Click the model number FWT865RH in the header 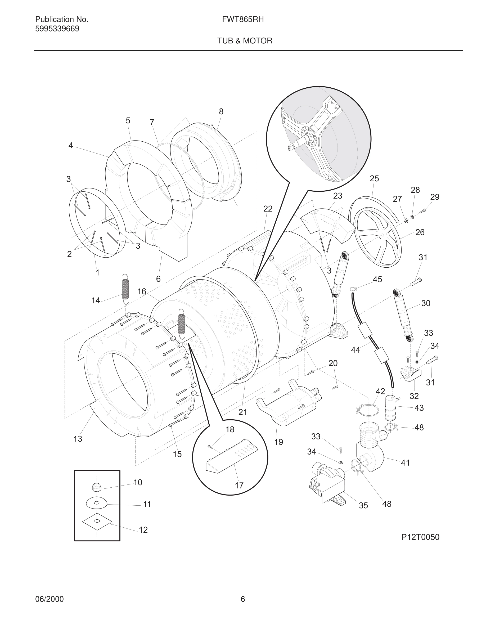[x=243, y=20]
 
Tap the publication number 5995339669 [x=57, y=29]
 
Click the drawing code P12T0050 [x=420, y=537]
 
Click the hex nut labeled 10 [x=96, y=488]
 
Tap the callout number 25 [x=374, y=179]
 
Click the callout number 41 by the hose [x=405, y=462]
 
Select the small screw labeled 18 [x=210, y=446]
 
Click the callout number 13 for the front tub [x=78, y=439]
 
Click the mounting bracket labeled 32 [x=410, y=374]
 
